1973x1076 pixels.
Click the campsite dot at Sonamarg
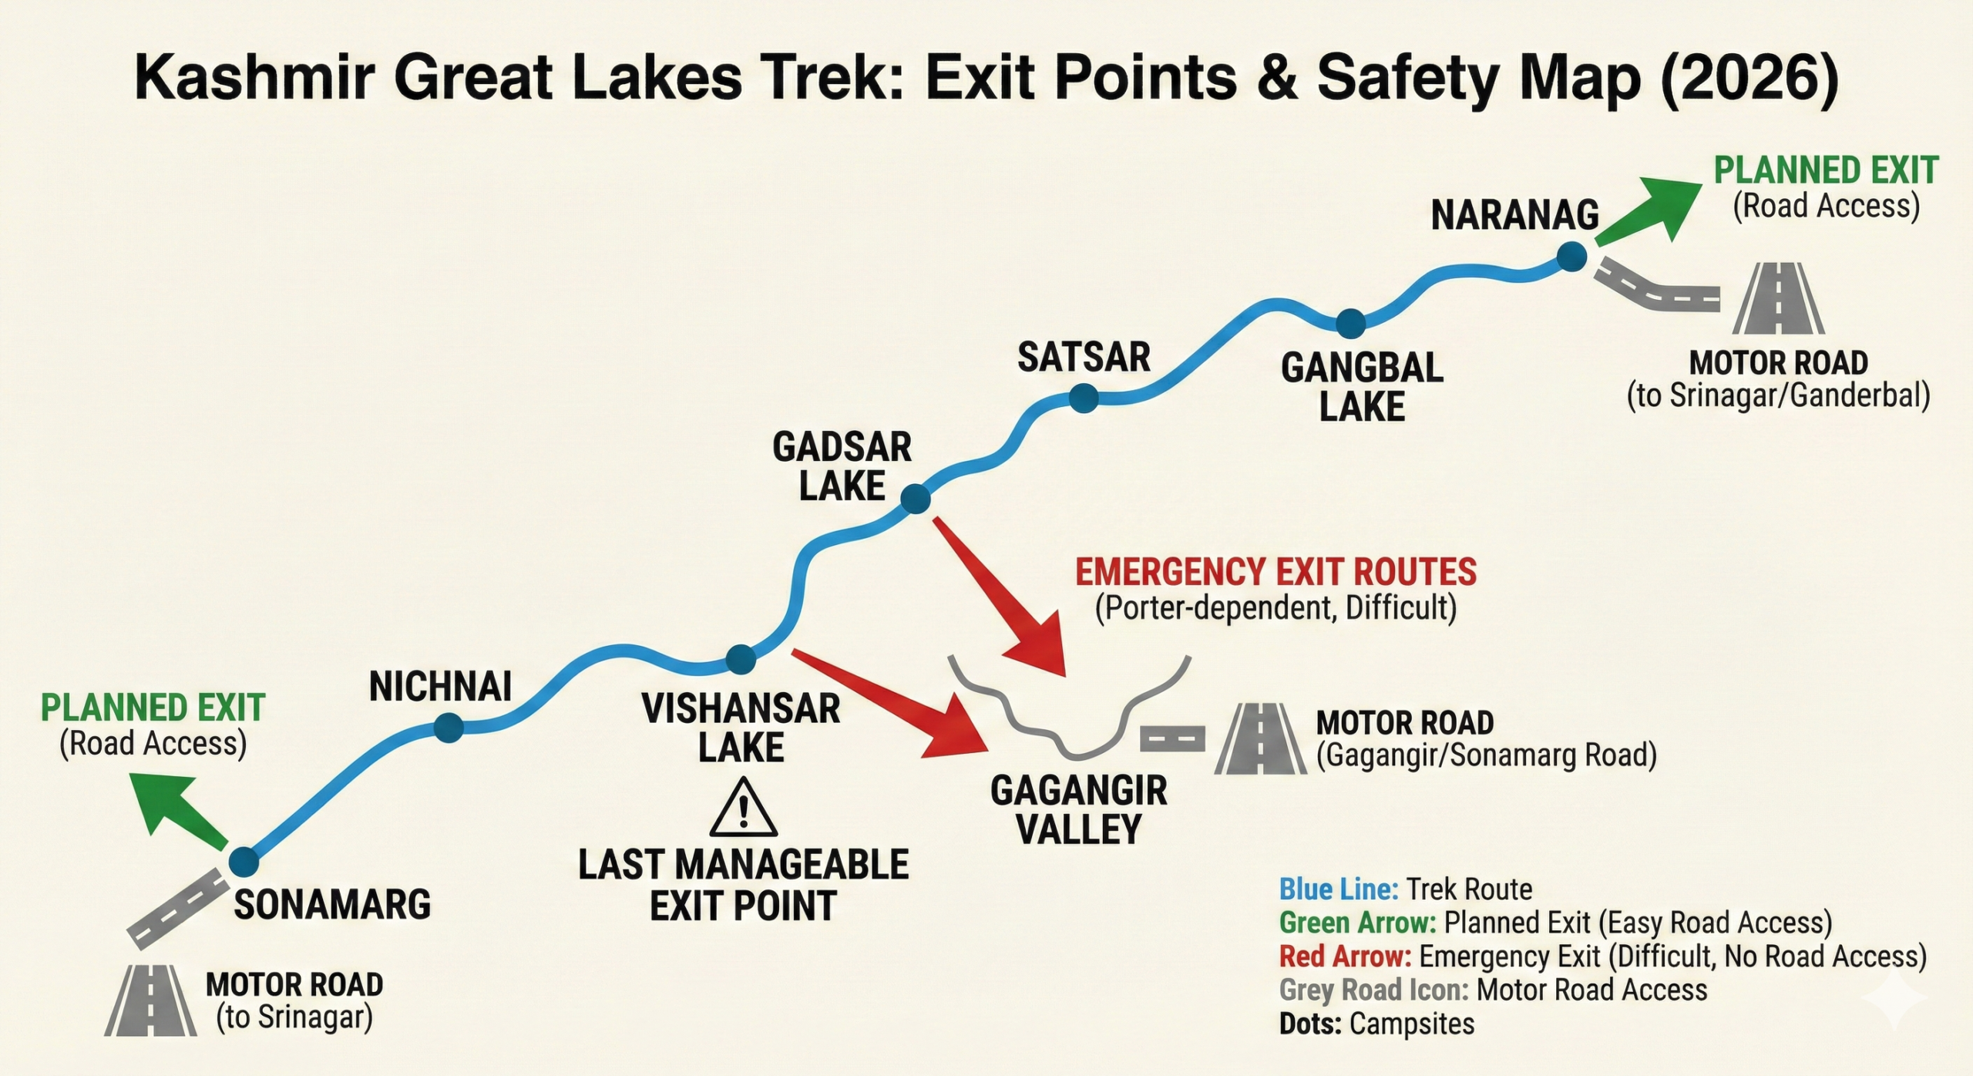pyautogui.click(x=244, y=862)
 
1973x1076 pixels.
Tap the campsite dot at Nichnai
pyautogui.click(x=448, y=727)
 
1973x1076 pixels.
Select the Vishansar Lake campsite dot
pyautogui.click(x=741, y=659)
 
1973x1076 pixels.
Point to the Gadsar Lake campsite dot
pyautogui.click(x=915, y=499)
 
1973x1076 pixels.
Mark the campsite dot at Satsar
pyautogui.click(x=1084, y=398)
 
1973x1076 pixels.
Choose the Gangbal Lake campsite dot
pyautogui.click(x=1350, y=324)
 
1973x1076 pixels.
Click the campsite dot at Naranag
pyautogui.click(x=1571, y=256)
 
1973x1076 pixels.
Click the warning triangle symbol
pyautogui.click(x=743, y=809)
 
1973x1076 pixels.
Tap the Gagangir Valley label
pyautogui.click(x=1078, y=810)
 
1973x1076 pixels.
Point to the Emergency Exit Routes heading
pyautogui.click(x=1276, y=572)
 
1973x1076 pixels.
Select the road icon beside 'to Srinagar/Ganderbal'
pyautogui.click(x=1778, y=299)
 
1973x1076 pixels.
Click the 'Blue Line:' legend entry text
pyautogui.click(x=1339, y=889)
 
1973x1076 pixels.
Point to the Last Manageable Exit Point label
pyautogui.click(x=743, y=885)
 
